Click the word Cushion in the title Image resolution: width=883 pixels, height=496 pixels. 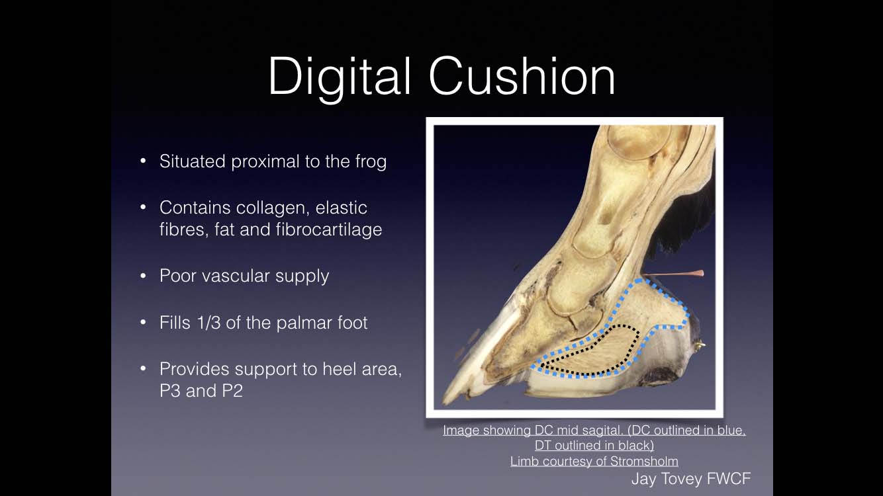click(x=522, y=75)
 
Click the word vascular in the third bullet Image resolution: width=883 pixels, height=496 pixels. click(x=236, y=276)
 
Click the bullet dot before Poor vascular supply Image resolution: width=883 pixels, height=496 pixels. click(x=143, y=276)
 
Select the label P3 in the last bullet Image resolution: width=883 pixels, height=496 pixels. click(x=170, y=390)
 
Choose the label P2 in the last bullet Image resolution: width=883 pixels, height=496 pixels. click(x=232, y=390)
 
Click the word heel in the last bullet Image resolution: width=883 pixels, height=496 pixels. click(x=339, y=369)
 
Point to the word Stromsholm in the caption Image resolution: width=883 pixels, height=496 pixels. click(x=644, y=461)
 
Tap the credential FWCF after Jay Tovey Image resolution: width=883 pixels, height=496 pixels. click(x=729, y=479)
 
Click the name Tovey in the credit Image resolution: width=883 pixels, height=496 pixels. click(x=682, y=479)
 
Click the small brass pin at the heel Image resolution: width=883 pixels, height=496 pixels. click(x=700, y=345)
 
